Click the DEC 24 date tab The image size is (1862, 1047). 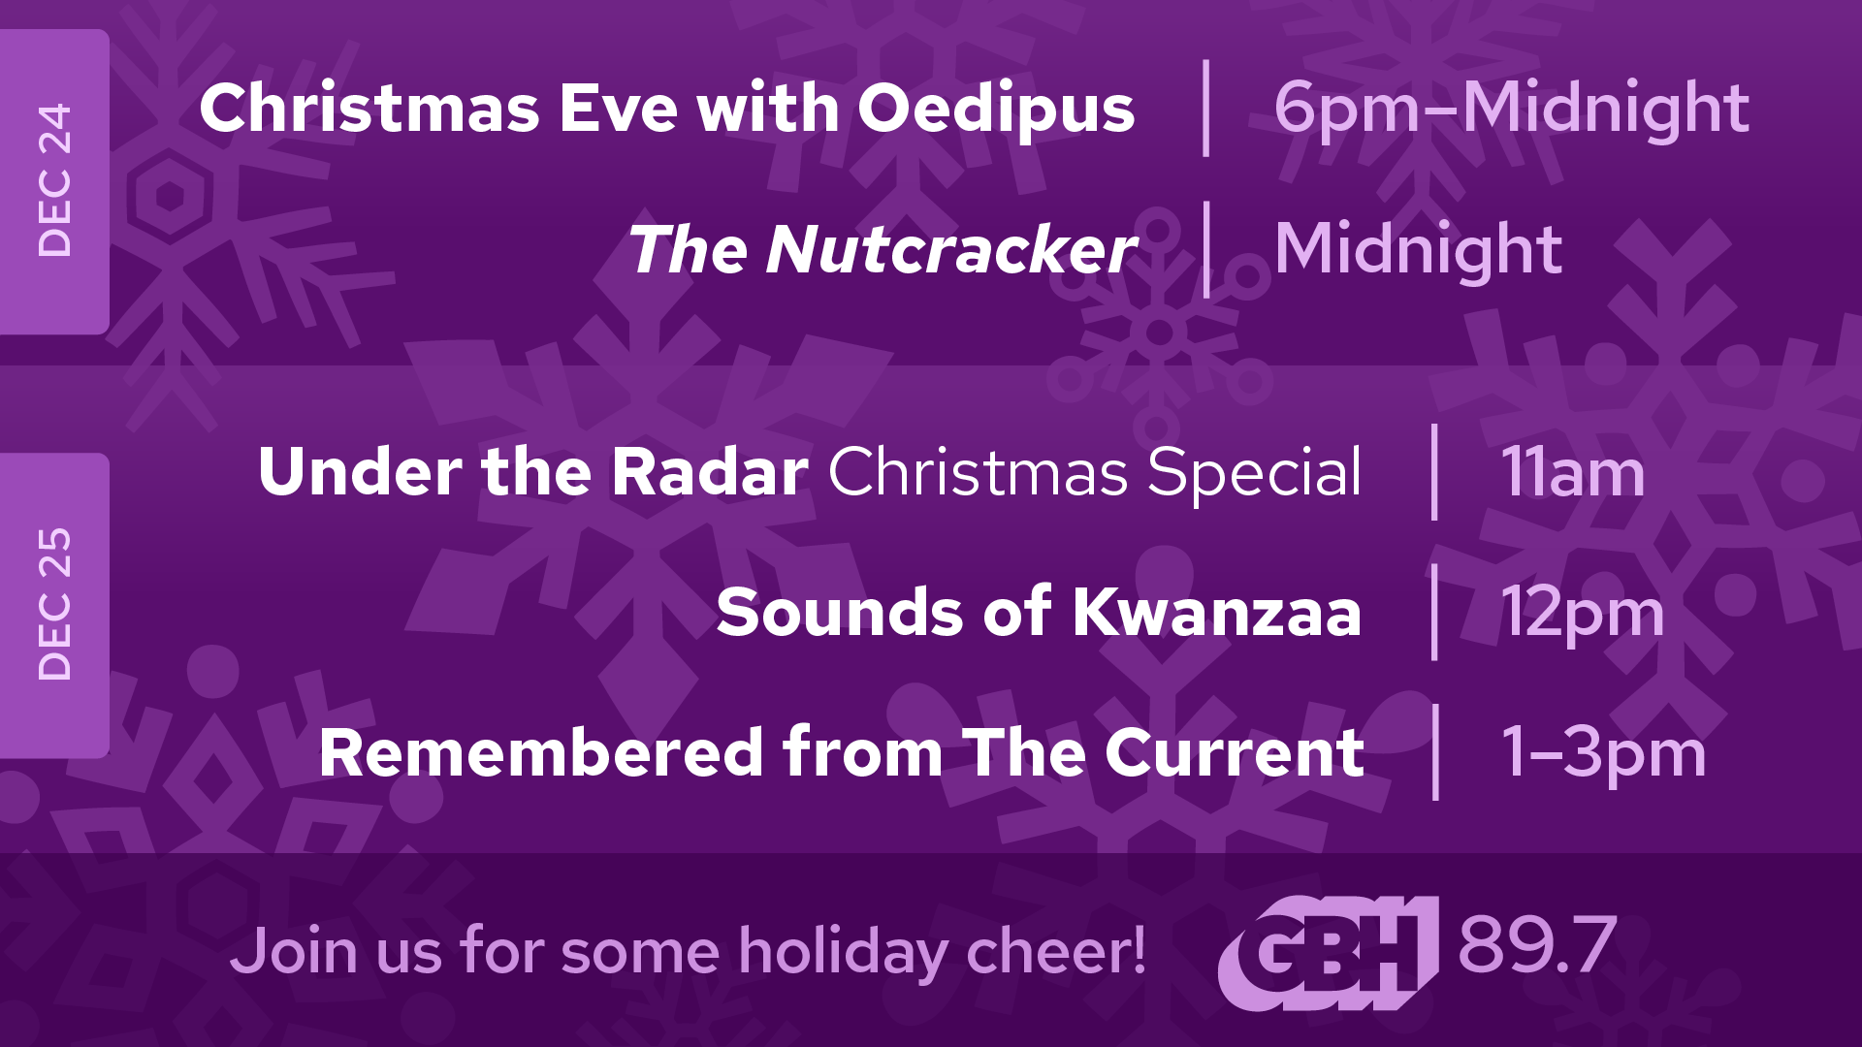(54, 181)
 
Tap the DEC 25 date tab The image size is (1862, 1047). (54, 605)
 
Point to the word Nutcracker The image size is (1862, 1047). (950, 250)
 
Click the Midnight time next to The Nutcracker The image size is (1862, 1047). (1418, 250)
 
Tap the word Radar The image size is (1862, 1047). (710, 472)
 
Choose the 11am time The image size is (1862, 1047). (1572, 473)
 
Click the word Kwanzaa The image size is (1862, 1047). (1217, 613)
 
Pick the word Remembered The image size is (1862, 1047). (541, 752)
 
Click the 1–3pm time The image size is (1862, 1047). (1603, 754)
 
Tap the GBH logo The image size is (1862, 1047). (1328, 952)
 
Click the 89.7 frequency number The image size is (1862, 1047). (1537, 945)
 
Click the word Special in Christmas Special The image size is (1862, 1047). (1255, 473)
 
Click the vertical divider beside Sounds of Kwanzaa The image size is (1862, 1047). (1434, 612)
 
